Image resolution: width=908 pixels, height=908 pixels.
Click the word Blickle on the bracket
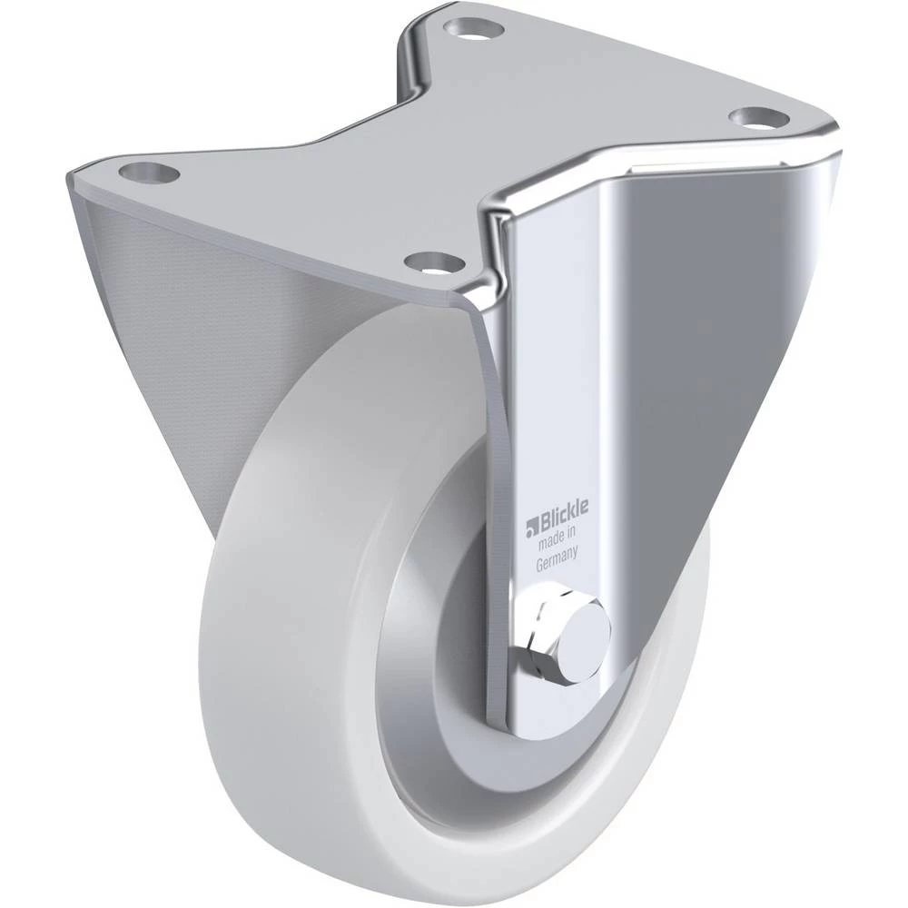562,509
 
